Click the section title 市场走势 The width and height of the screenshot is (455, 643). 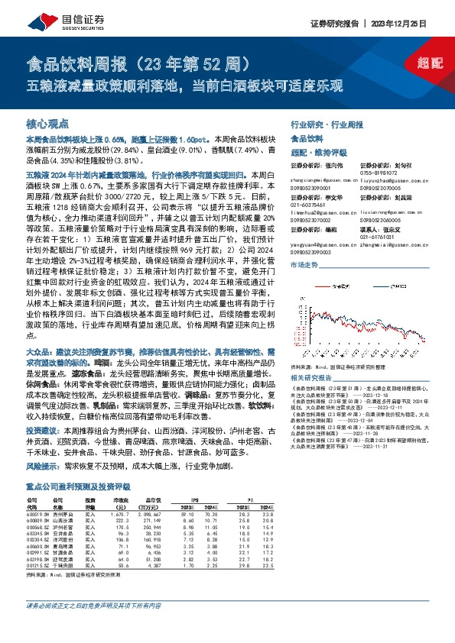tap(304, 264)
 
